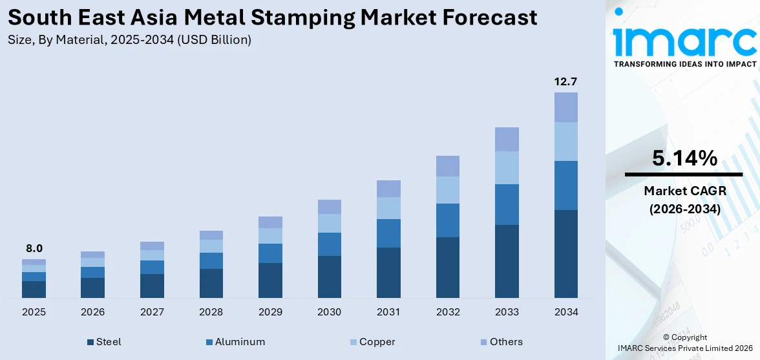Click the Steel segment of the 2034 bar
[566, 253]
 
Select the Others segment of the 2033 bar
[507, 139]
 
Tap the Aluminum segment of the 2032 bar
[447, 220]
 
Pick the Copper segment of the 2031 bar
[388, 207]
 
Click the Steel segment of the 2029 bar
[270, 280]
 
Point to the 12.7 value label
[565, 81]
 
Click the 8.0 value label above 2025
[34, 248]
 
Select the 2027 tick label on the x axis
[152, 312]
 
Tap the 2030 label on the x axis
[329, 312]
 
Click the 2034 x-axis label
[565, 312]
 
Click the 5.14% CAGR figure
[684, 158]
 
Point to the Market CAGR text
[684, 191]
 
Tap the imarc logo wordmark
[684, 41]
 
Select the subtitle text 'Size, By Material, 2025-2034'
[90, 40]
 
